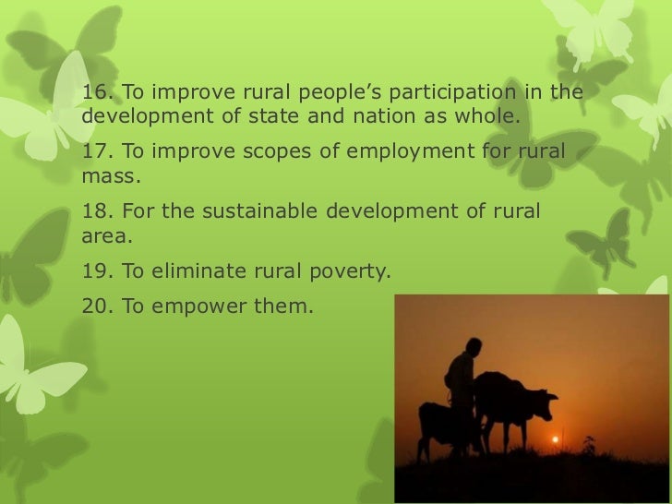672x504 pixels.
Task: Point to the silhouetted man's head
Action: (472, 348)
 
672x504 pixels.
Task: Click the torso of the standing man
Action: (461, 378)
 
